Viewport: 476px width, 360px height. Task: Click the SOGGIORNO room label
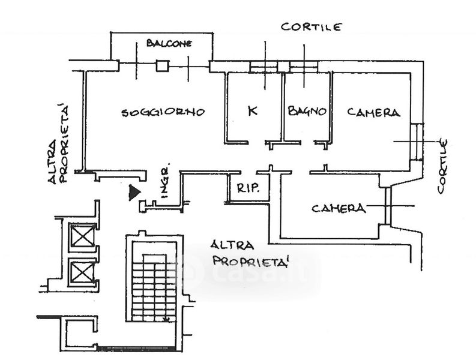point(163,112)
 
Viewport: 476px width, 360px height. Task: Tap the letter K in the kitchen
point(252,110)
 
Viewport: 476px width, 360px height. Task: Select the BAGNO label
point(307,111)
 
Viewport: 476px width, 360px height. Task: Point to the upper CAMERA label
point(373,112)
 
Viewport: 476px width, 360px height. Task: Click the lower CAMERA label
point(339,208)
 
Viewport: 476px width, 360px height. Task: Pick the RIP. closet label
point(248,188)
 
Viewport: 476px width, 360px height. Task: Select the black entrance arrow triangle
point(134,193)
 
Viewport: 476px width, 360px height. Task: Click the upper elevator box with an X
point(82,235)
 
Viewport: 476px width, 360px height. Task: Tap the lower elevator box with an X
point(82,271)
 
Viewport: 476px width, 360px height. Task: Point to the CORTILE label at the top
point(312,27)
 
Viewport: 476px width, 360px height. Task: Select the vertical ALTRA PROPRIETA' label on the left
point(60,144)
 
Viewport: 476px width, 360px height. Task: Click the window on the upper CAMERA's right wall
point(418,142)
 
